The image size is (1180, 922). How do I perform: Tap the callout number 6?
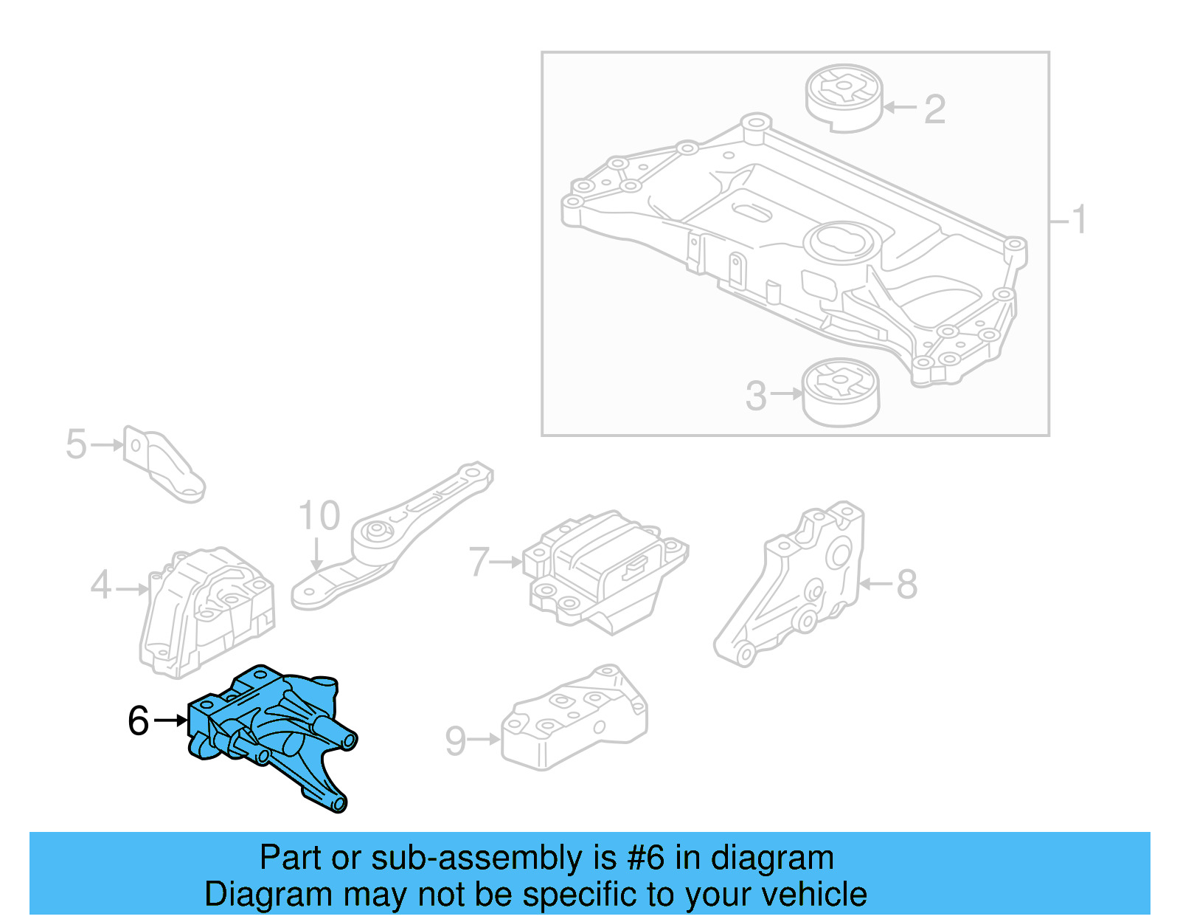pos(138,721)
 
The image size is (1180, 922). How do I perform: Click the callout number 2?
pos(934,109)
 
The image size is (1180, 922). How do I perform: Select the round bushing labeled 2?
pos(844,99)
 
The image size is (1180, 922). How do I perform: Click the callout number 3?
pos(756,396)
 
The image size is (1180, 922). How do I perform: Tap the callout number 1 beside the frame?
pos(1079,220)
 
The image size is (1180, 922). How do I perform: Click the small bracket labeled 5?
pos(164,464)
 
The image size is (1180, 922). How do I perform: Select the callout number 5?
pos(76,444)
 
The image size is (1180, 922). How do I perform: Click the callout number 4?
pos(101,585)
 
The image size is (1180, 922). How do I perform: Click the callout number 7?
pos(479,562)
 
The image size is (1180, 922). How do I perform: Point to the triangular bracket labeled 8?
pos(796,583)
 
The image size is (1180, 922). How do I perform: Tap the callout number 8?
pos(906,585)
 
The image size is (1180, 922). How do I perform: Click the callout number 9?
pos(456,740)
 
